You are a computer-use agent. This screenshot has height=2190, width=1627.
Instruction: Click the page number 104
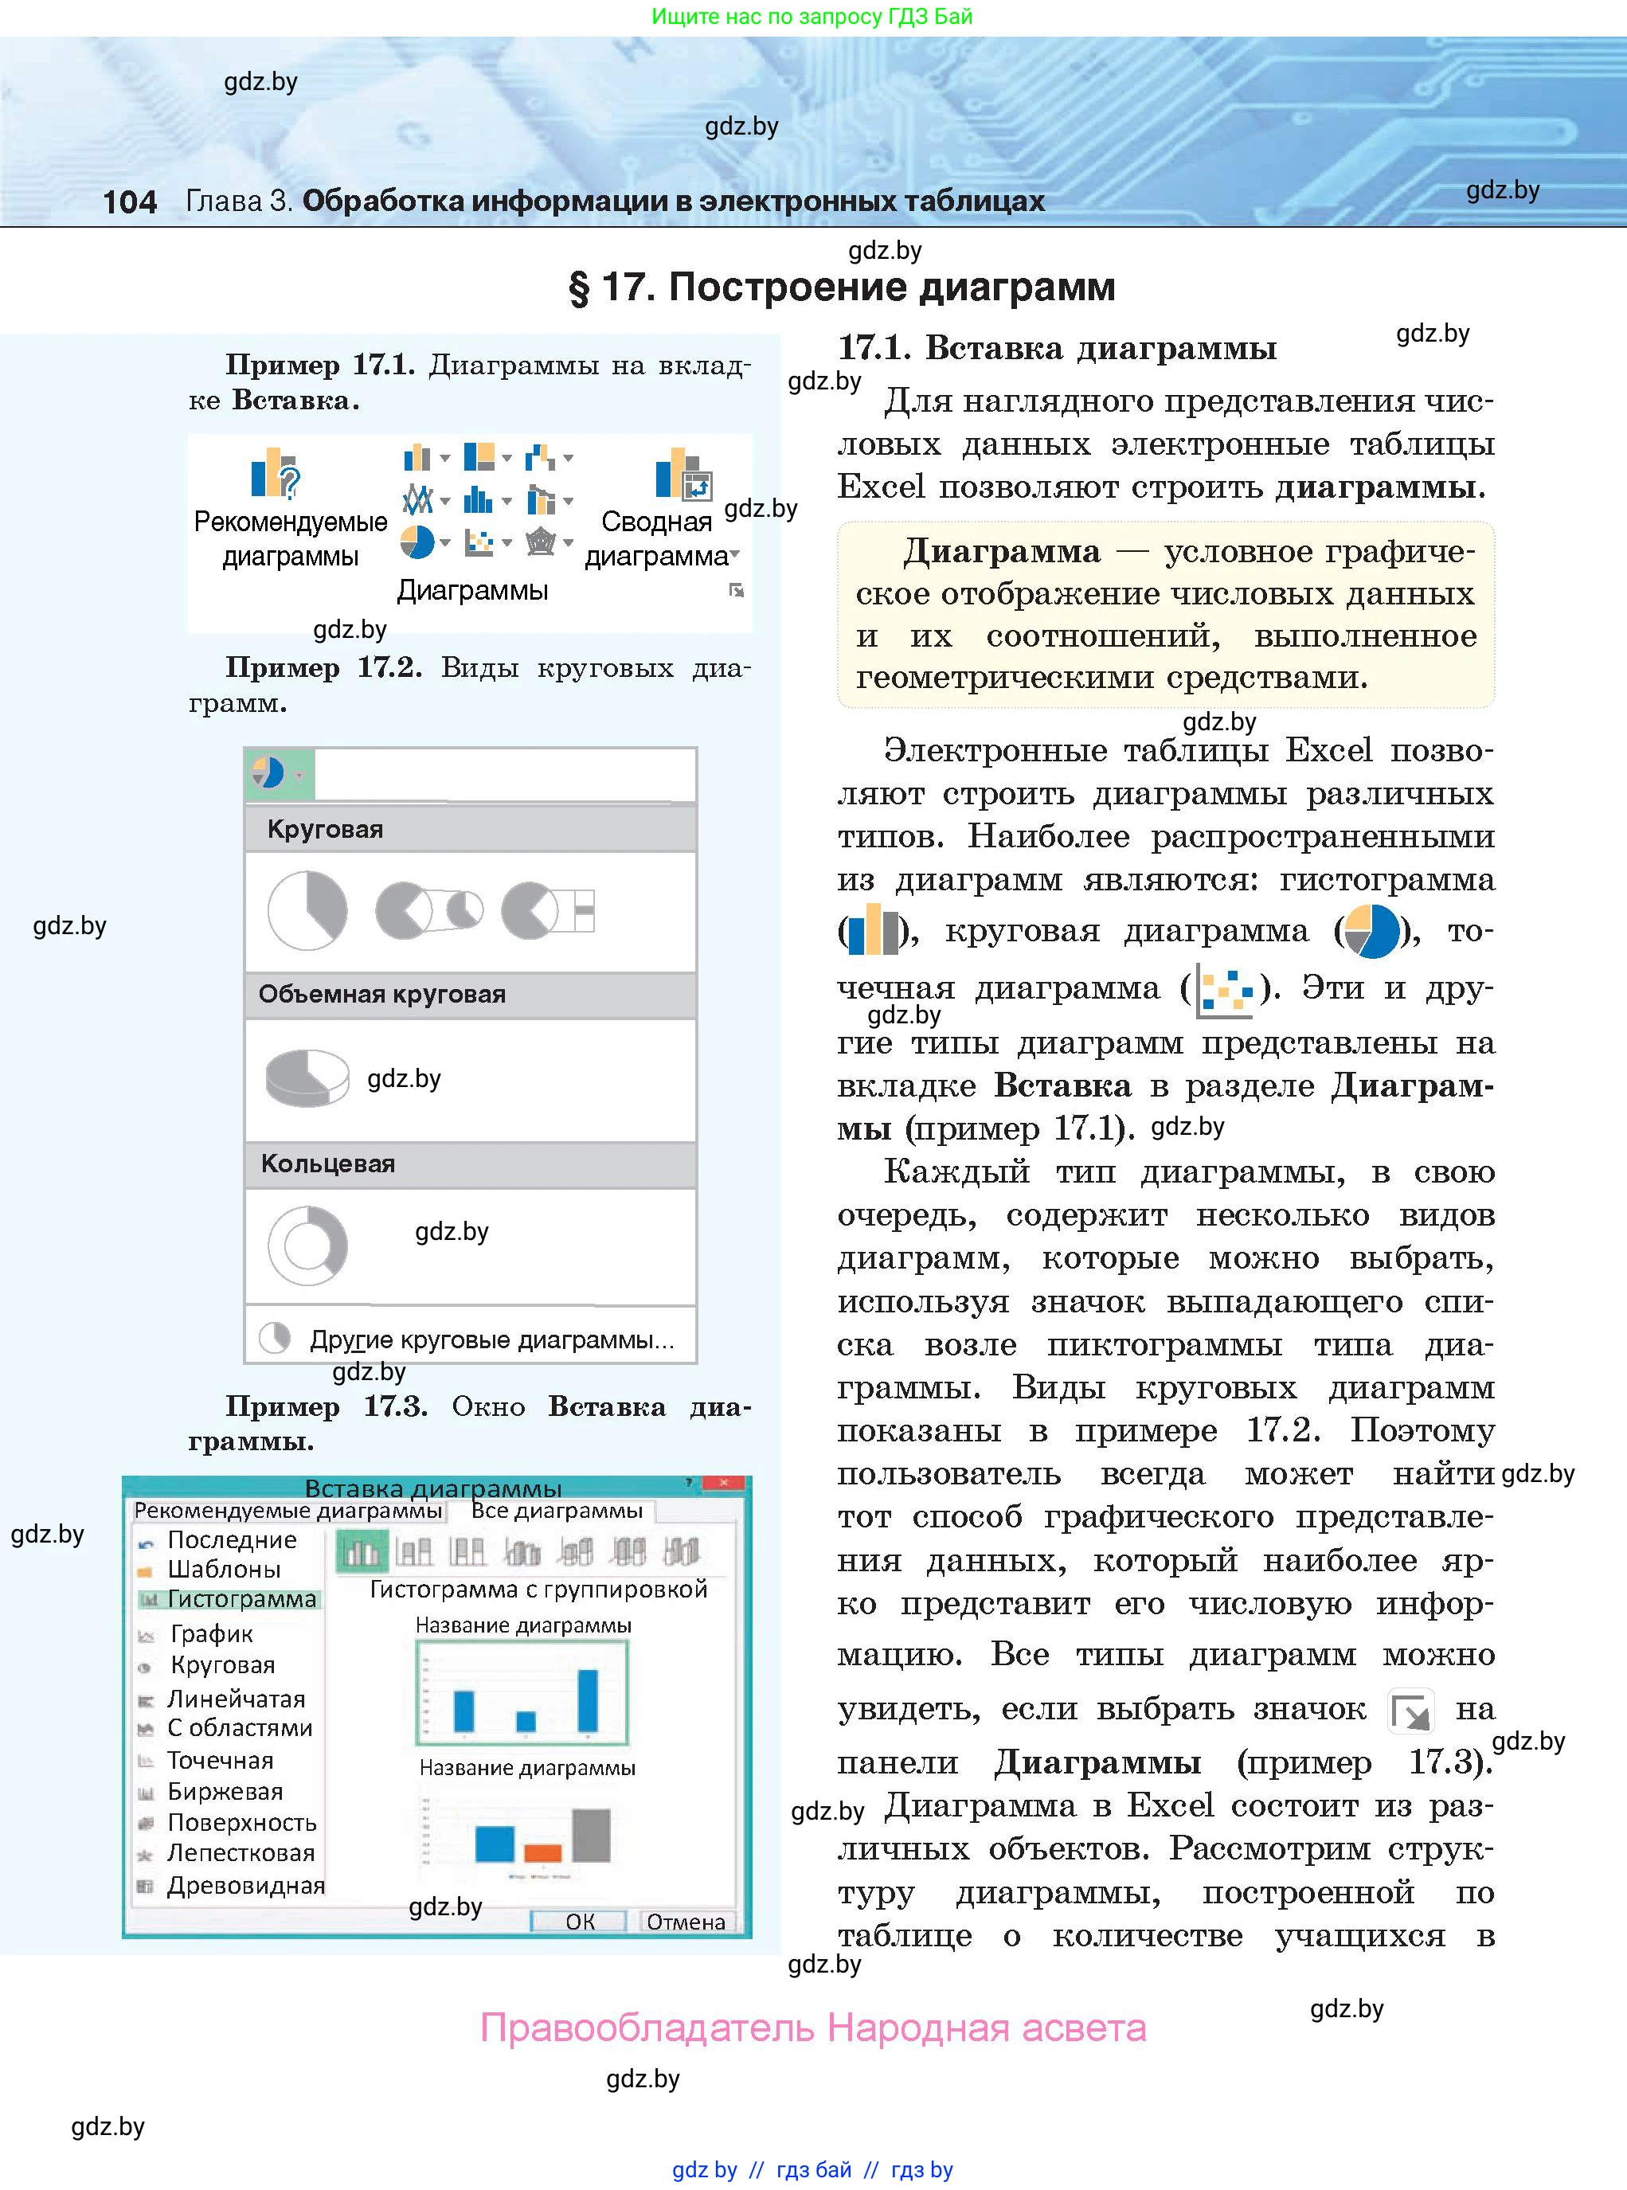click(129, 201)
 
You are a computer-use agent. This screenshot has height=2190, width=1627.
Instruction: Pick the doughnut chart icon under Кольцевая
click(308, 1246)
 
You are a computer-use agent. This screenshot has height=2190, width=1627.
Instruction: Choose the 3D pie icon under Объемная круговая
click(307, 1078)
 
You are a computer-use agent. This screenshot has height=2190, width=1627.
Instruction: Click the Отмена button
click(686, 1921)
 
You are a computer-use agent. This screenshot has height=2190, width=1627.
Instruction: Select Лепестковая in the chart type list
click(241, 1852)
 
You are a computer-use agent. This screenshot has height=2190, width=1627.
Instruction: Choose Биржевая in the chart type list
click(225, 1791)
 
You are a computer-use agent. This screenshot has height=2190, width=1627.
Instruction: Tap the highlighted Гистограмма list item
click(241, 1599)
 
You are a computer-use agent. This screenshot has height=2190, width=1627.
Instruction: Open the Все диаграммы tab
click(557, 1511)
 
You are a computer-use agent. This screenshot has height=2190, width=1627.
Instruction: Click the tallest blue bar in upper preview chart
click(587, 1699)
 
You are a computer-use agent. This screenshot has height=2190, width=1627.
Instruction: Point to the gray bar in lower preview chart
click(591, 1835)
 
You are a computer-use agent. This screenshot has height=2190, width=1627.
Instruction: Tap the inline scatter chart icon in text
click(1224, 988)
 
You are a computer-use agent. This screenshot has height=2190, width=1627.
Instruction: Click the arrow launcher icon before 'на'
click(1410, 1711)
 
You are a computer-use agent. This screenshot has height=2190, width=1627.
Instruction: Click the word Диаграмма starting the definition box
click(1000, 551)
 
